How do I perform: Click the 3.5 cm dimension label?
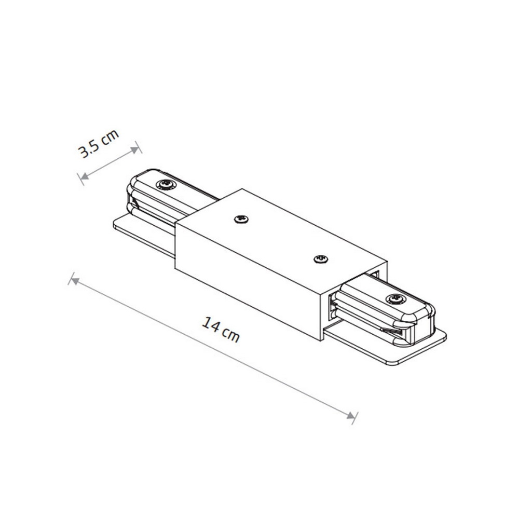(x=98, y=144)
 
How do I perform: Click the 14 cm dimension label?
(x=221, y=330)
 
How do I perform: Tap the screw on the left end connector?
(x=166, y=185)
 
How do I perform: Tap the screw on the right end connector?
(x=396, y=299)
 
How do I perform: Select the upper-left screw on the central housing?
(x=242, y=219)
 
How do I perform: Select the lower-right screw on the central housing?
(x=321, y=258)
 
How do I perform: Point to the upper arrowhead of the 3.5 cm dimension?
(x=134, y=151)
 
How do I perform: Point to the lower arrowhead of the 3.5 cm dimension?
(x=85, y=176)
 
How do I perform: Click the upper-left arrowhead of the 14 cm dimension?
(x=75, y=281)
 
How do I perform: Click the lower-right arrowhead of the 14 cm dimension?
(x=350, y=415)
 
